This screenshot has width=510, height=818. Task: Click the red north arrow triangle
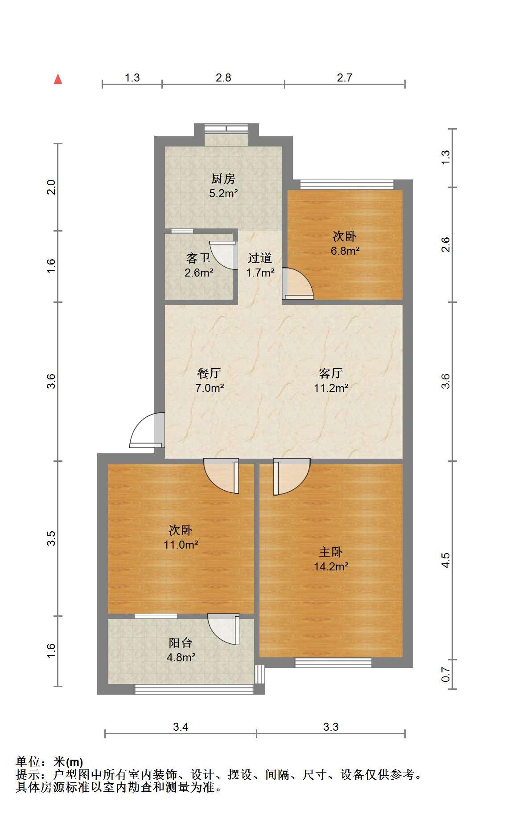pyautogui.click(x=58, y=79)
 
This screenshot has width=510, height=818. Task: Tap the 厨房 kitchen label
pyautogui.click(x=223, y=179)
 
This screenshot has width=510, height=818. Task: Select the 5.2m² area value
pyautogui.click(x=223, y=194)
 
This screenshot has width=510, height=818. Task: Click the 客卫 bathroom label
pyautogui.click(x=198, y=258)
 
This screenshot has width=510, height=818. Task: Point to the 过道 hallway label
pyautogui.click(x=260, y=258)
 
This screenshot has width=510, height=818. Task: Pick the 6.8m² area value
pyautogui.click(x=345, y=251)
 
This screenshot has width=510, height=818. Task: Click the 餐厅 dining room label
pyautogui.click(x=209, y=373)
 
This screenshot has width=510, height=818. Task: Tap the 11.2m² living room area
pyautogui.click(x=331, y=388)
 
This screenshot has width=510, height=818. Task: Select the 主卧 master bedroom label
pyautogui.click(x=331, y=552)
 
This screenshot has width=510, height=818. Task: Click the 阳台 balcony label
pyautogui.click(x=181, y=643)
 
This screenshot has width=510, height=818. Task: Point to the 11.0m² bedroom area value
pyautogui.click(x=181, y=545)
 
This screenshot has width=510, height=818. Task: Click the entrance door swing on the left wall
pyautogui.click(x=147, y=431)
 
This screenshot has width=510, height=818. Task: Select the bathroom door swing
pyautogui.click(x=223, y=255)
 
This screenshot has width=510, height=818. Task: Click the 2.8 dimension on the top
pyautogui.click(x=223, y=77)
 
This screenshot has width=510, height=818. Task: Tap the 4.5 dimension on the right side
pyautogui.click(x=445, y=560)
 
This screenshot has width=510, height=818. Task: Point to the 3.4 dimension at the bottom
pyautogui.click(x=181, y=727)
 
